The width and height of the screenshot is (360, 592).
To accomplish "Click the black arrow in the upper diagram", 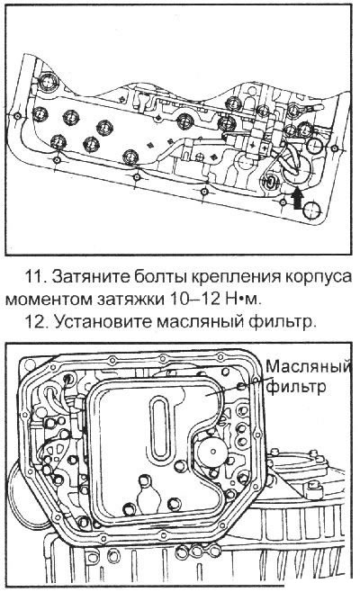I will (x=298, y=197).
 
